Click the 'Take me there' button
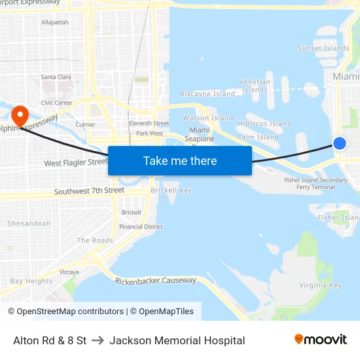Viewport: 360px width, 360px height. point(180,160)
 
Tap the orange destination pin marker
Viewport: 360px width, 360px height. point(20,116)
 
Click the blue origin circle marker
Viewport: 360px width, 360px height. point(340,143)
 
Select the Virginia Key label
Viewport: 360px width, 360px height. point(320,285)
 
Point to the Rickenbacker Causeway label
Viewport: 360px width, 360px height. point(155,281)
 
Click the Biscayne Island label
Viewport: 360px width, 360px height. point(207,94)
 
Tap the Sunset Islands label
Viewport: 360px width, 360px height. point(323,48)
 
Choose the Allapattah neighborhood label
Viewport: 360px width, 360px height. point(55,22)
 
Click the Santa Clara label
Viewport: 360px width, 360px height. point(56,77)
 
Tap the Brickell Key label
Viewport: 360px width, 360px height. point(171,190)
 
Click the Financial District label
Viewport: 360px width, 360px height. point(141,226)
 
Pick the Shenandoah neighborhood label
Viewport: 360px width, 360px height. point(29,223)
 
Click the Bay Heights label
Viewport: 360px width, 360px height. point(31,281)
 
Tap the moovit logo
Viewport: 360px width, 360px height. point(321,340)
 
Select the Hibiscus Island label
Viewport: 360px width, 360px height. point(264,123)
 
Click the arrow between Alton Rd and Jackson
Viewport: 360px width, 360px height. point(98,340)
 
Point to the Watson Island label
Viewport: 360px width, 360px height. point(207,118)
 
